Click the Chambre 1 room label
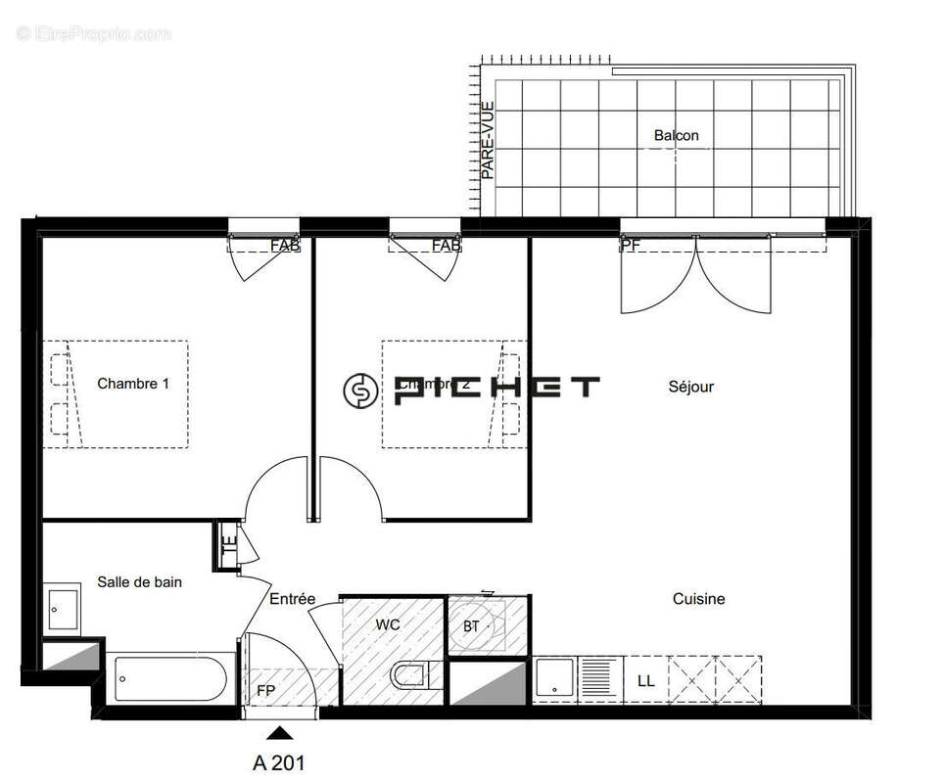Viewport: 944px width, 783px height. [x=133, y=384]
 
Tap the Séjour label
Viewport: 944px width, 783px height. [x=691, y=387]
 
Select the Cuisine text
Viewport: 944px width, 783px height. [x=698, y=598]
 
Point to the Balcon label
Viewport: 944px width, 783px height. [x=677, y=135]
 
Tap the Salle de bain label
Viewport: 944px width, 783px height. [x=139, y=581]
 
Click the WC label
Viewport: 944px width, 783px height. [x=388, y=623]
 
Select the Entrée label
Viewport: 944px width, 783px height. [x=293, y=599]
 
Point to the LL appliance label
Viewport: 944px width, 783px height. [x=645, y=680]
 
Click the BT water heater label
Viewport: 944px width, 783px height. [x=471, y=626]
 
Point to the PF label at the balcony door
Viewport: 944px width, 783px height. [x=631, y=246]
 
